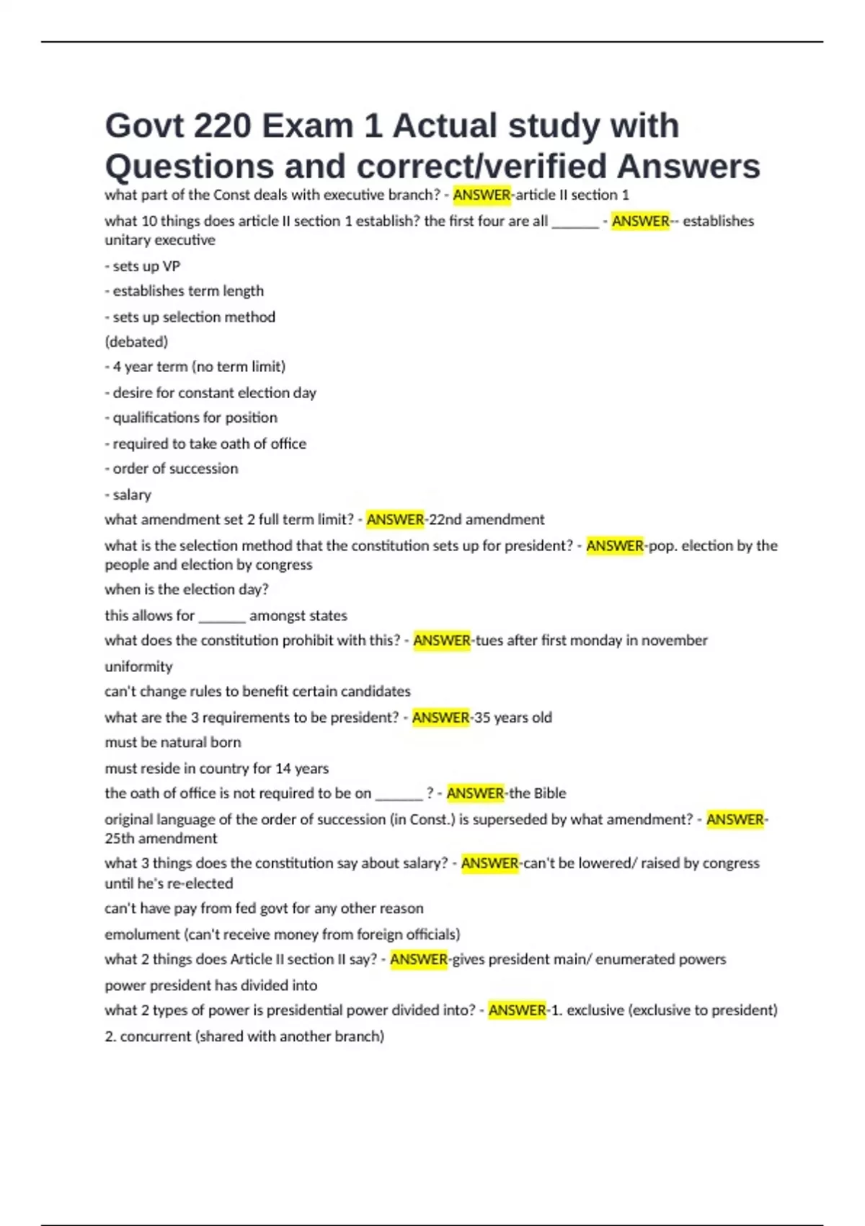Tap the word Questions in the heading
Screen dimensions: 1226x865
pyautogui.click(x=189, y=167)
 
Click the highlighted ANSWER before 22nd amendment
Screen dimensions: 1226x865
pyautogui.click(x=395, y=519)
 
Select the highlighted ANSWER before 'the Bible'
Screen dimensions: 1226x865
pyautogui.click(x=475, y=793)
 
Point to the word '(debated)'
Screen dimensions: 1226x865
pyautogui.click(x=136, y=342)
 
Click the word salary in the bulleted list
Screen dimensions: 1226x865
pyautogui.click(x=132, y=495)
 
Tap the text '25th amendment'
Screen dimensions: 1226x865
pyautogui.click(x=161, y=839)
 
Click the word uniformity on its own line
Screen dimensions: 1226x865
pyautogui.click(x=138, y=666)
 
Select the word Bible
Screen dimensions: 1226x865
pyautogui.click(x=550, y=793)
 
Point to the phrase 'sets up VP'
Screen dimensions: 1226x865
pyautogui.click(x=146, y=266)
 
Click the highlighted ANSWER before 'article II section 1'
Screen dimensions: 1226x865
pyautogui.click(x=482, y=195)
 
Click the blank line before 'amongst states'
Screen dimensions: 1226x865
pyautogui.click(x=222, y=617)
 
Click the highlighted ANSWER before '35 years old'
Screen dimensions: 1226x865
pyautogui.click(x=440, y=718)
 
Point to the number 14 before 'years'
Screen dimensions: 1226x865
pyautogui.click(x=283, y=769)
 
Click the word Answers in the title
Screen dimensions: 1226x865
pyautogui.click(x=688, y=167)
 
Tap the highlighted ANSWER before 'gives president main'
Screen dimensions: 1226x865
pyautogui.click(x=419, y=959)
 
